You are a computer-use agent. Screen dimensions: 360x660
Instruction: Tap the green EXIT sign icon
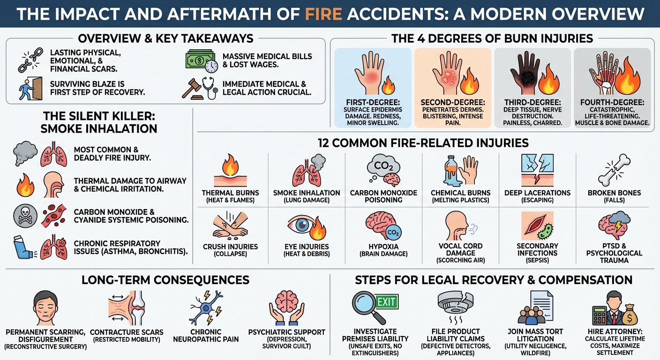386,302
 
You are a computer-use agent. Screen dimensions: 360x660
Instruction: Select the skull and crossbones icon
24,215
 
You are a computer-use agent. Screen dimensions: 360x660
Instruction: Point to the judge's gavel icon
193,88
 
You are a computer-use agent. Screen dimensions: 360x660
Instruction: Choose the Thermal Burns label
230,193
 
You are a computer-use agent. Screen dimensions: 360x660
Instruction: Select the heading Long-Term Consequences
165,280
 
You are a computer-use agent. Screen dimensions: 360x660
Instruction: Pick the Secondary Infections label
537,250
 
